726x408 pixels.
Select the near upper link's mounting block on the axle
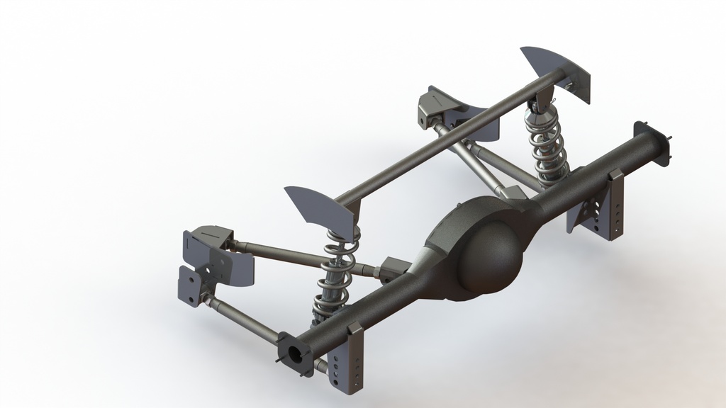click(x=393, y=269)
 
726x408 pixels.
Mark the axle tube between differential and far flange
click(x=588, y=174)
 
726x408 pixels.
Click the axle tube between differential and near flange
click(x=369, y=312)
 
